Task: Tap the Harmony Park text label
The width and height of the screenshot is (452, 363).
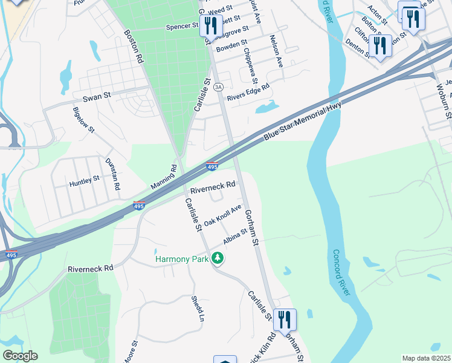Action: [182, 259]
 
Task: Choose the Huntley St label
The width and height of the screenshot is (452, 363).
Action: [84, 180]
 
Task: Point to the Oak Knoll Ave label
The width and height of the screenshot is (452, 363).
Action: [222, 215]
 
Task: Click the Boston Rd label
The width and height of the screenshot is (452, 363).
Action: [134, 47]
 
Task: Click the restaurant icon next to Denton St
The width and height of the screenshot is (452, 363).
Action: [379, 45]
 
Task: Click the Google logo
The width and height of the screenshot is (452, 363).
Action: [20, 356]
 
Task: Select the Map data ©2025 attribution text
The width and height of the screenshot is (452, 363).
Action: [425, 358]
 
